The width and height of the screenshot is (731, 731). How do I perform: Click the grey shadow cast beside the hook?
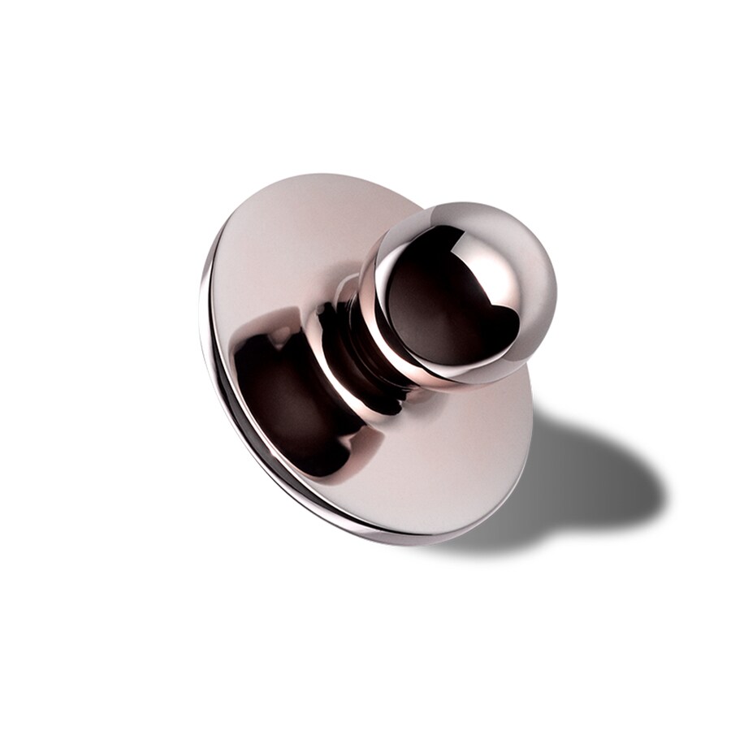click(x=585, y=479)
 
